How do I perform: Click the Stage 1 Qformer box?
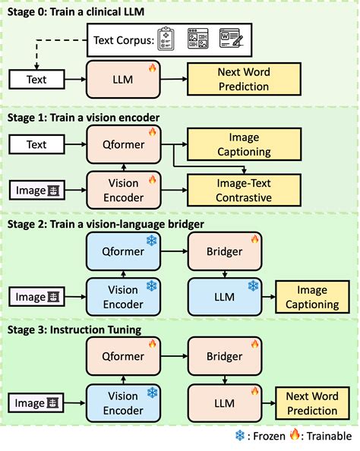[x=125, y=144]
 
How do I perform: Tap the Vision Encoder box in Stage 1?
[x=125, y=190]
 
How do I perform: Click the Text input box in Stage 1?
[x=36, y=144]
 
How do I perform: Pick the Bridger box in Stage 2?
[x=226, y=251]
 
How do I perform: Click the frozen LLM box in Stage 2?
[x=226, y=297]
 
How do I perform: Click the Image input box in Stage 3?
[x=36, y=403]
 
